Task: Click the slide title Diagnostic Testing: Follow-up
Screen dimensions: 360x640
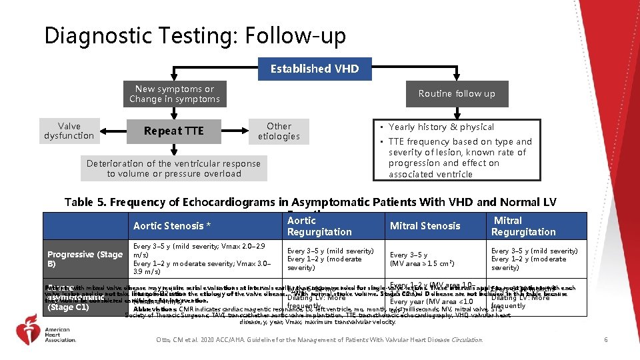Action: point(195,36)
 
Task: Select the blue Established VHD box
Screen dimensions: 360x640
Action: point(315,69)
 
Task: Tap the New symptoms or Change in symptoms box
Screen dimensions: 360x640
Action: point(174,94)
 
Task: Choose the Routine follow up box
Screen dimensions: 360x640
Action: point(457,94)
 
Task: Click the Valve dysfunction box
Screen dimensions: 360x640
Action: point(69,131)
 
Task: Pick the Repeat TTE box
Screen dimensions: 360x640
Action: point(173,131)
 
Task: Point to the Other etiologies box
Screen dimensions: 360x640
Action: point(279,131)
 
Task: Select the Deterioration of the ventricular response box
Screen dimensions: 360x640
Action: point(174,169)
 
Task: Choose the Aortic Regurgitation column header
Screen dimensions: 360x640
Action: point(319,226)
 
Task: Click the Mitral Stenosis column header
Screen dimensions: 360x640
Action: point(425,226)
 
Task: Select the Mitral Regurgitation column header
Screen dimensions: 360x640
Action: point(523,226)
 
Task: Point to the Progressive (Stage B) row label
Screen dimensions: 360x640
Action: point(85,259)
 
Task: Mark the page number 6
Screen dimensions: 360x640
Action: point(605,340)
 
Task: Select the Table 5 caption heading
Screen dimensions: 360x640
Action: point(310,202)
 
